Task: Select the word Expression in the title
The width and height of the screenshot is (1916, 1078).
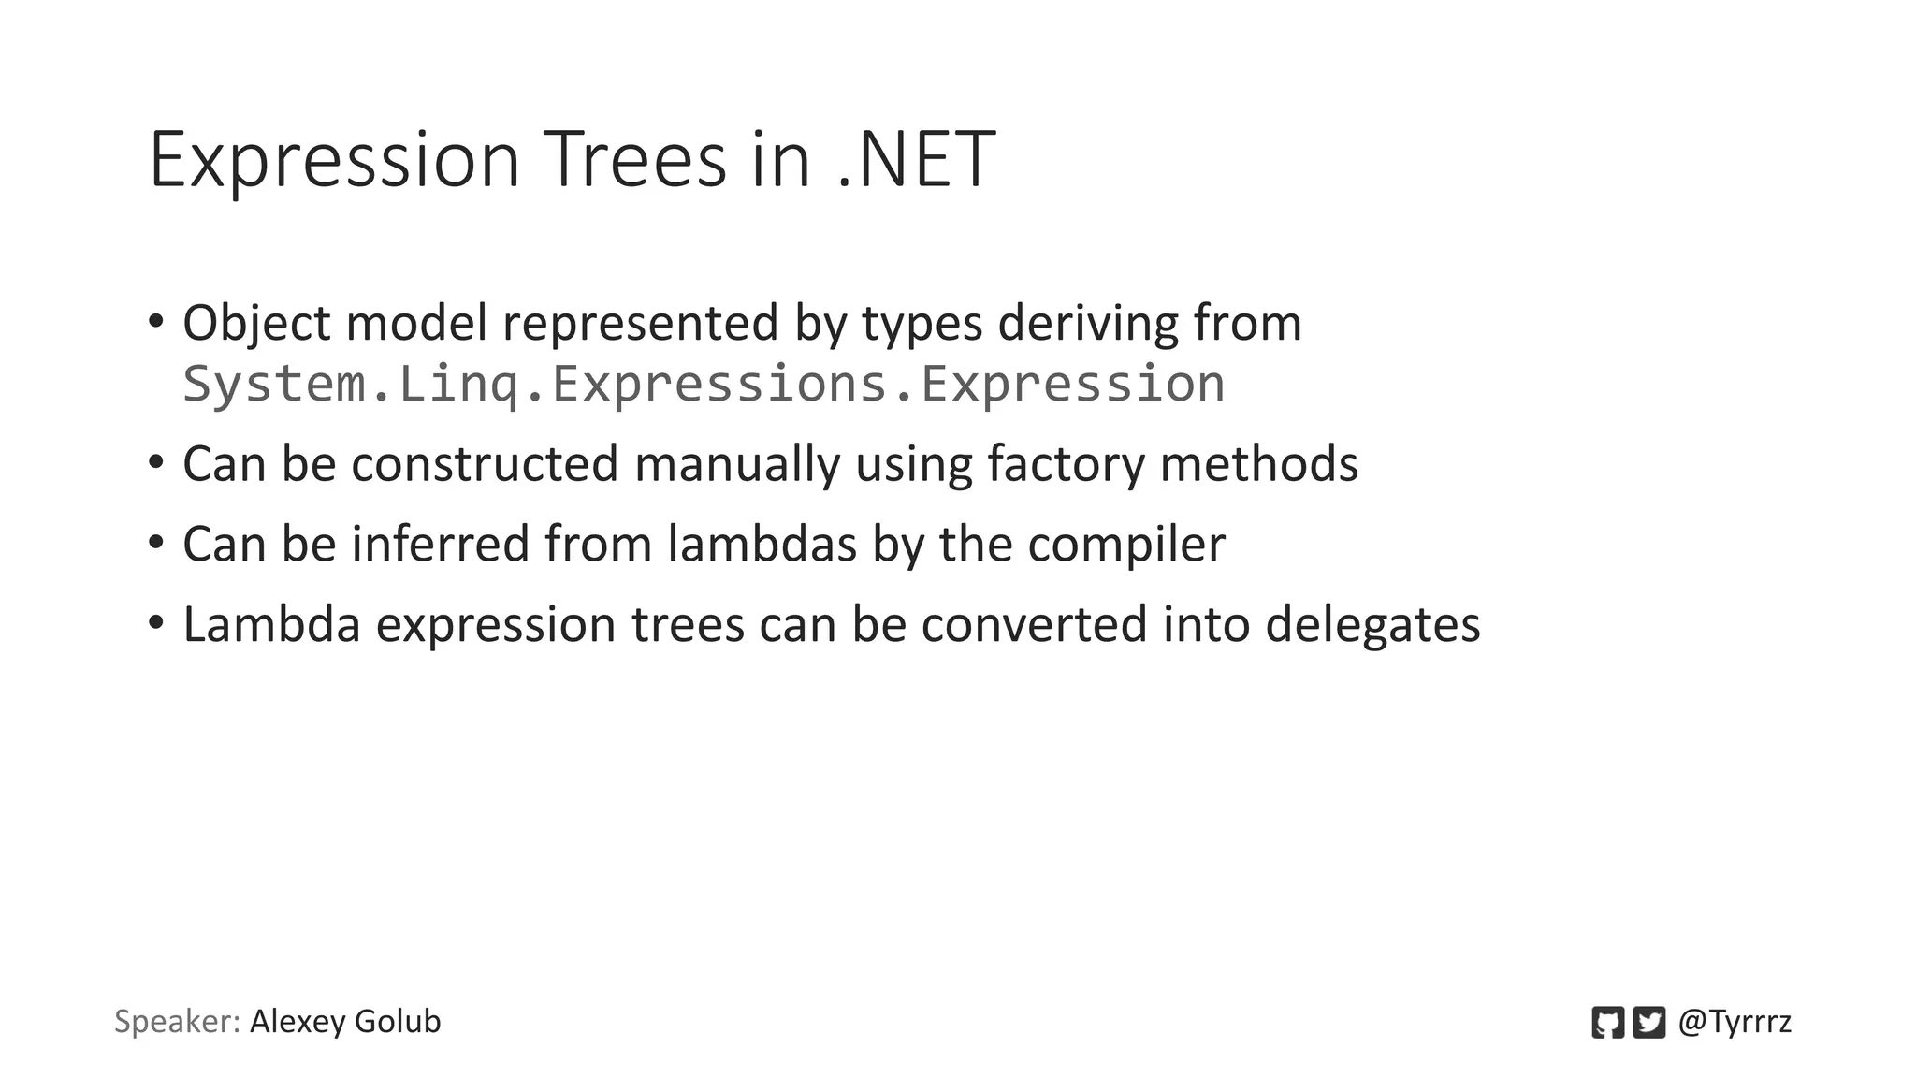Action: pos(334,161)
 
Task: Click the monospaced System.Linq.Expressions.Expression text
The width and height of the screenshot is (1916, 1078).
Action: pos(704,384)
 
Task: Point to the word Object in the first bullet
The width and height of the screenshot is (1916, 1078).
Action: pos(256,324)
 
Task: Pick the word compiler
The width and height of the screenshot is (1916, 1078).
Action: pos(1126,545)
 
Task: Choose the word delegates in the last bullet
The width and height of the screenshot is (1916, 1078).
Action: pos(1372,625)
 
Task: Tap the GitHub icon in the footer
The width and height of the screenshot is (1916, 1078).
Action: pos(1607,1022)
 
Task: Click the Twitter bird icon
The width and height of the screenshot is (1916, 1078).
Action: pos(1648,1022)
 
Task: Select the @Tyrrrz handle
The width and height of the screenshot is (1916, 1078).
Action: pos(1735,1022)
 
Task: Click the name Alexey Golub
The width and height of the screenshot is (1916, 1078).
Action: pos(345,1022)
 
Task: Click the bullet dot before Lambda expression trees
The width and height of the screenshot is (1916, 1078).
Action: pos(156,621)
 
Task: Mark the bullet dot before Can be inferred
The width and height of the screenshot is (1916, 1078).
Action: pos(156,541)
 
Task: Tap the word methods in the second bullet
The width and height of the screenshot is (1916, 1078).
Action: pos(1258,464)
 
